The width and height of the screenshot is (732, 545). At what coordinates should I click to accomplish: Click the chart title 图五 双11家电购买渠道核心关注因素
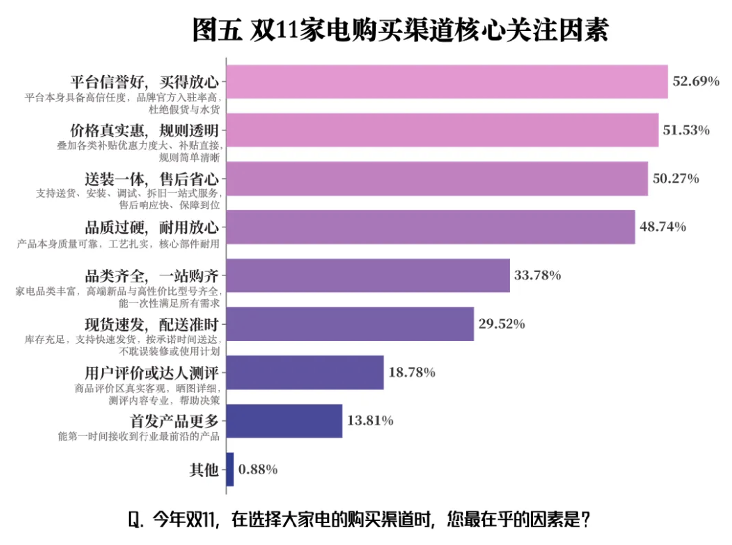[x=400, y=30]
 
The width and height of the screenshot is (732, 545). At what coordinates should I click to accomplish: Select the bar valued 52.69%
[x=447, y=81]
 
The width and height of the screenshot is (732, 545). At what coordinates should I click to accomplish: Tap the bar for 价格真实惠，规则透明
[x=442, y=130]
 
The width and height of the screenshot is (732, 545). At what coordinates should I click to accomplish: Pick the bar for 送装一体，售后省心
[x=437, y=179]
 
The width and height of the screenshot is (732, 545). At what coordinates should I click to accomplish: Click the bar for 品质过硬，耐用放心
[x=431, y=227]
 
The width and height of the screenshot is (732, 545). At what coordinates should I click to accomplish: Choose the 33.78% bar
[x=368, y=275]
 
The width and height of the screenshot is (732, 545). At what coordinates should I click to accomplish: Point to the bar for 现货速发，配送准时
[x=350, y=324]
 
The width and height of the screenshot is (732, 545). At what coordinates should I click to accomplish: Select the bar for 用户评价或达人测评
[x=305, y=372]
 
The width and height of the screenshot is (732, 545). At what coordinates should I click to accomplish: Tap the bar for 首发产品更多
[x=284, y=421]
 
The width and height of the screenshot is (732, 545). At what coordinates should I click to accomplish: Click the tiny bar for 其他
[x=230, y=469]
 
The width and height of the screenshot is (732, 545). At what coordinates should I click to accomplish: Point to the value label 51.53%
[x=686, y=130]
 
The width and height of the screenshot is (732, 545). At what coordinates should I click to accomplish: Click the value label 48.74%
[x=662, y=227]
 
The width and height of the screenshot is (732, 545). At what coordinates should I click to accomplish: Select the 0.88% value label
[x=258, y=469]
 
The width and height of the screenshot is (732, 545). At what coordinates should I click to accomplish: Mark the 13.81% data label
[x=370, y=421]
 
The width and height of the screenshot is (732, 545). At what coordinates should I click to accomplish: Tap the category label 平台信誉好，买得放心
[x=144, y=82]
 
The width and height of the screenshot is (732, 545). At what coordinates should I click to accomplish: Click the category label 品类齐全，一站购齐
[x=151, y=276]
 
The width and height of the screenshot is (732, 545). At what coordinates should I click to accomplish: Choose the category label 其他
[x=204, y=469]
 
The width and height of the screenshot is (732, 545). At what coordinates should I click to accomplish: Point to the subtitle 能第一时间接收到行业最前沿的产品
[x=138, y=436]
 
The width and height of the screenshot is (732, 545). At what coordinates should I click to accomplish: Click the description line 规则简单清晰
[x=189, y=158]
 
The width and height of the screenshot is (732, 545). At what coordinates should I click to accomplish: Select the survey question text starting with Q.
[x=359, y=520]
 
